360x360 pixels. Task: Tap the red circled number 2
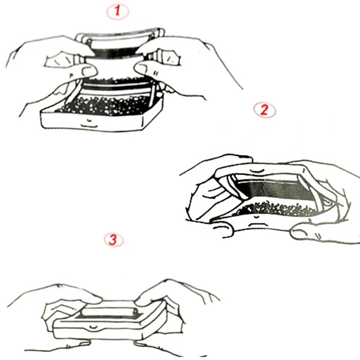(265, 110)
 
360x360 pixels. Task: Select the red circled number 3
(113, 240)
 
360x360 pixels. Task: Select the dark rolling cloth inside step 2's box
(275, 189)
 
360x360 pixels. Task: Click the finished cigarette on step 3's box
(110, 312)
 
